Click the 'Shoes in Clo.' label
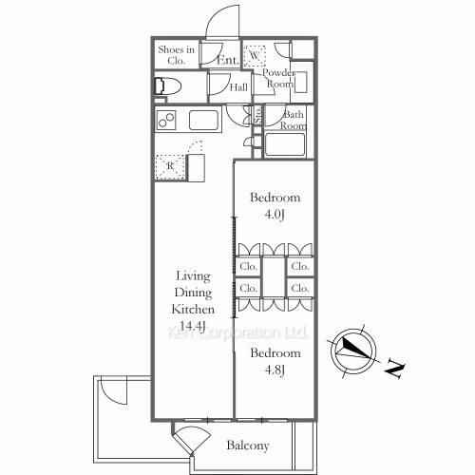(176, 54)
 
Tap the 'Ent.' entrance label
(227, 60)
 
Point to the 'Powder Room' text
(278, 78)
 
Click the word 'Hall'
(239, 87)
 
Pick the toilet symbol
(169, 86)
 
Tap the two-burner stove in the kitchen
(167, 121)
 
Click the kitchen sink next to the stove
(205, 121)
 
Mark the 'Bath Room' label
(293, 121)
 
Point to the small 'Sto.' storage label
(256, 115)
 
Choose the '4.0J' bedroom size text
(275, 216)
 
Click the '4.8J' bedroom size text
(275, 370)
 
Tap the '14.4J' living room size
(193, 327)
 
